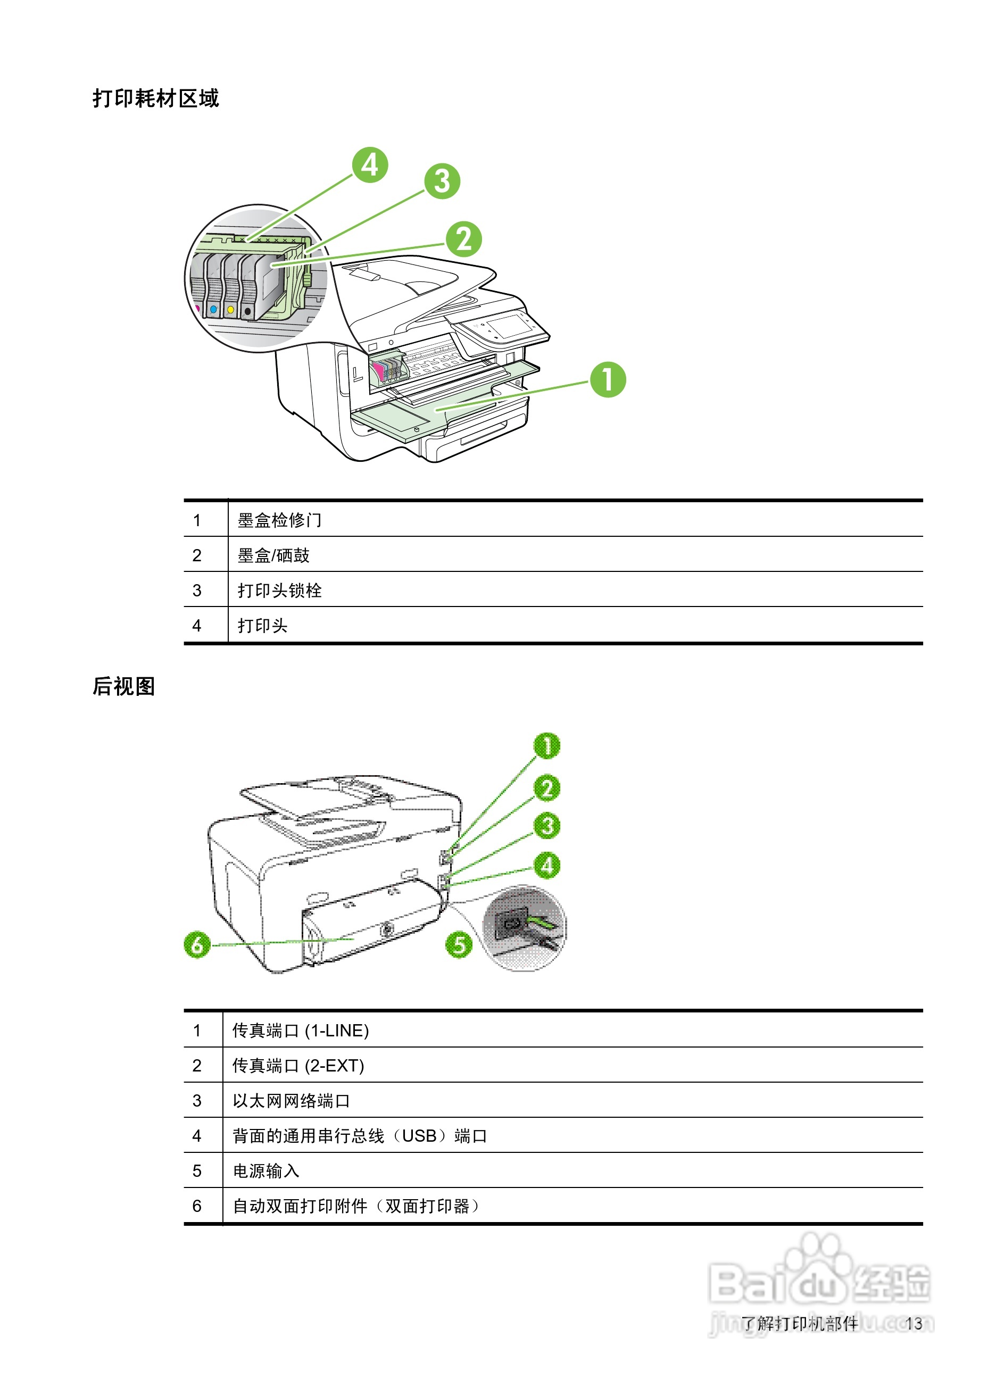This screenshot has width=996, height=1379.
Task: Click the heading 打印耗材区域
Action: [x=156, y=98]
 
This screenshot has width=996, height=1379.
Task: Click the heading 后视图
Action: [x=124, y=686]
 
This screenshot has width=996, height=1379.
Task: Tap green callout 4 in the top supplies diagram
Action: [x=370, y=165]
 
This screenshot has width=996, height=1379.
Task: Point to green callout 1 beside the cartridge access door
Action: [x=608, y=380]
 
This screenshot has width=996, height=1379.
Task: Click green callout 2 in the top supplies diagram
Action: [x=463, y=239]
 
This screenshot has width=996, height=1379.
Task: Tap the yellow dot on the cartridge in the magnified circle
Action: [x=230, y=310]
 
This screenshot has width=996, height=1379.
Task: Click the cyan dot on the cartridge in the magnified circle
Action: [x=213, y=310]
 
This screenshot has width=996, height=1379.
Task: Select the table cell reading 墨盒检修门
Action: [x=279, y=520]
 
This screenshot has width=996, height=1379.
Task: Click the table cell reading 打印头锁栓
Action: [x=279, y=591]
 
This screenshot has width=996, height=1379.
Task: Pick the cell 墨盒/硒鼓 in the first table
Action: [x=273, y=555]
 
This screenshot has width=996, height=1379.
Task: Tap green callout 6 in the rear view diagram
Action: [x=197, y=945]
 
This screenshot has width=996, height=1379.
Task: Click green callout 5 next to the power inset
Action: [x=459, y=945]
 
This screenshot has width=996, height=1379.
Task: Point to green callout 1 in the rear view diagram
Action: [x=546, y=746]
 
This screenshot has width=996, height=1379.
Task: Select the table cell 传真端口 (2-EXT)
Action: [x=298, y=1066]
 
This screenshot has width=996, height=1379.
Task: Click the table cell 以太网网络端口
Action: [x=290, y=1101]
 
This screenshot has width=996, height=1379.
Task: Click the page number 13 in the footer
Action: [x=914, y=1324]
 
